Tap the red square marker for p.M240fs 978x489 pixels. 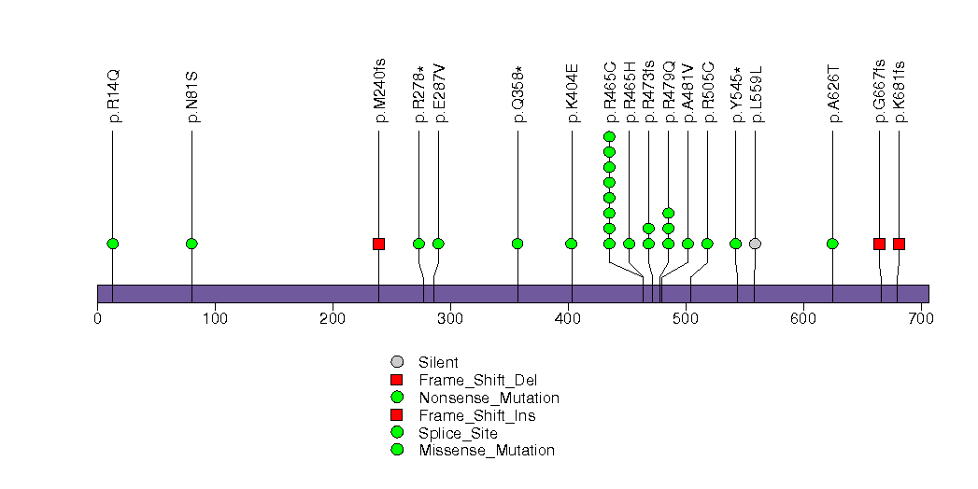(378, 244)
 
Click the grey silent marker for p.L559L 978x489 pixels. (755, 244)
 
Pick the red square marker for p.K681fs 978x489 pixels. (899, 244)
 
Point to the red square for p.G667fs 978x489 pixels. (879, 244)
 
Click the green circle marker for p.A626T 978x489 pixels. (832, 244)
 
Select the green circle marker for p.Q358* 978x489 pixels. (517, 244)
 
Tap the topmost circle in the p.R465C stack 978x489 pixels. (609, 137)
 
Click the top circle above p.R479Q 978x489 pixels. (668, 214)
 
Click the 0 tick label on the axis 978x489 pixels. (98, 319)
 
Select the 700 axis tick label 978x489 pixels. (921, 319)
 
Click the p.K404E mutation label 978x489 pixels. (572, 94)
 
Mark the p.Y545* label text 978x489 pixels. (736, 94)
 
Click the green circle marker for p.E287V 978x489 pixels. (438, 244)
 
